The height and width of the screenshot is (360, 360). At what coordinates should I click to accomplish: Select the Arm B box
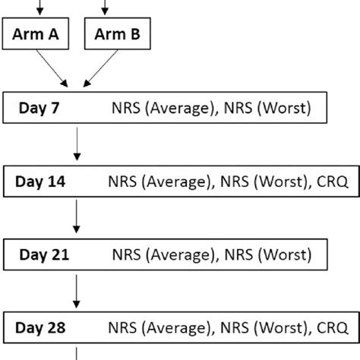117,35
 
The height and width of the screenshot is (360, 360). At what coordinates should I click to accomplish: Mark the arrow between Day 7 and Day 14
77,145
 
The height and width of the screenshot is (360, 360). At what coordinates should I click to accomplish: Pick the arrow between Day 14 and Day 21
77,219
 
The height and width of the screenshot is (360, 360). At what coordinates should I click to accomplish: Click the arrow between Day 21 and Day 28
77,292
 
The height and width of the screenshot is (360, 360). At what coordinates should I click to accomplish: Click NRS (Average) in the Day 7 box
163,109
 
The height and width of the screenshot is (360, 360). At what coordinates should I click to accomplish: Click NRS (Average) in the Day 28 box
159,328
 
